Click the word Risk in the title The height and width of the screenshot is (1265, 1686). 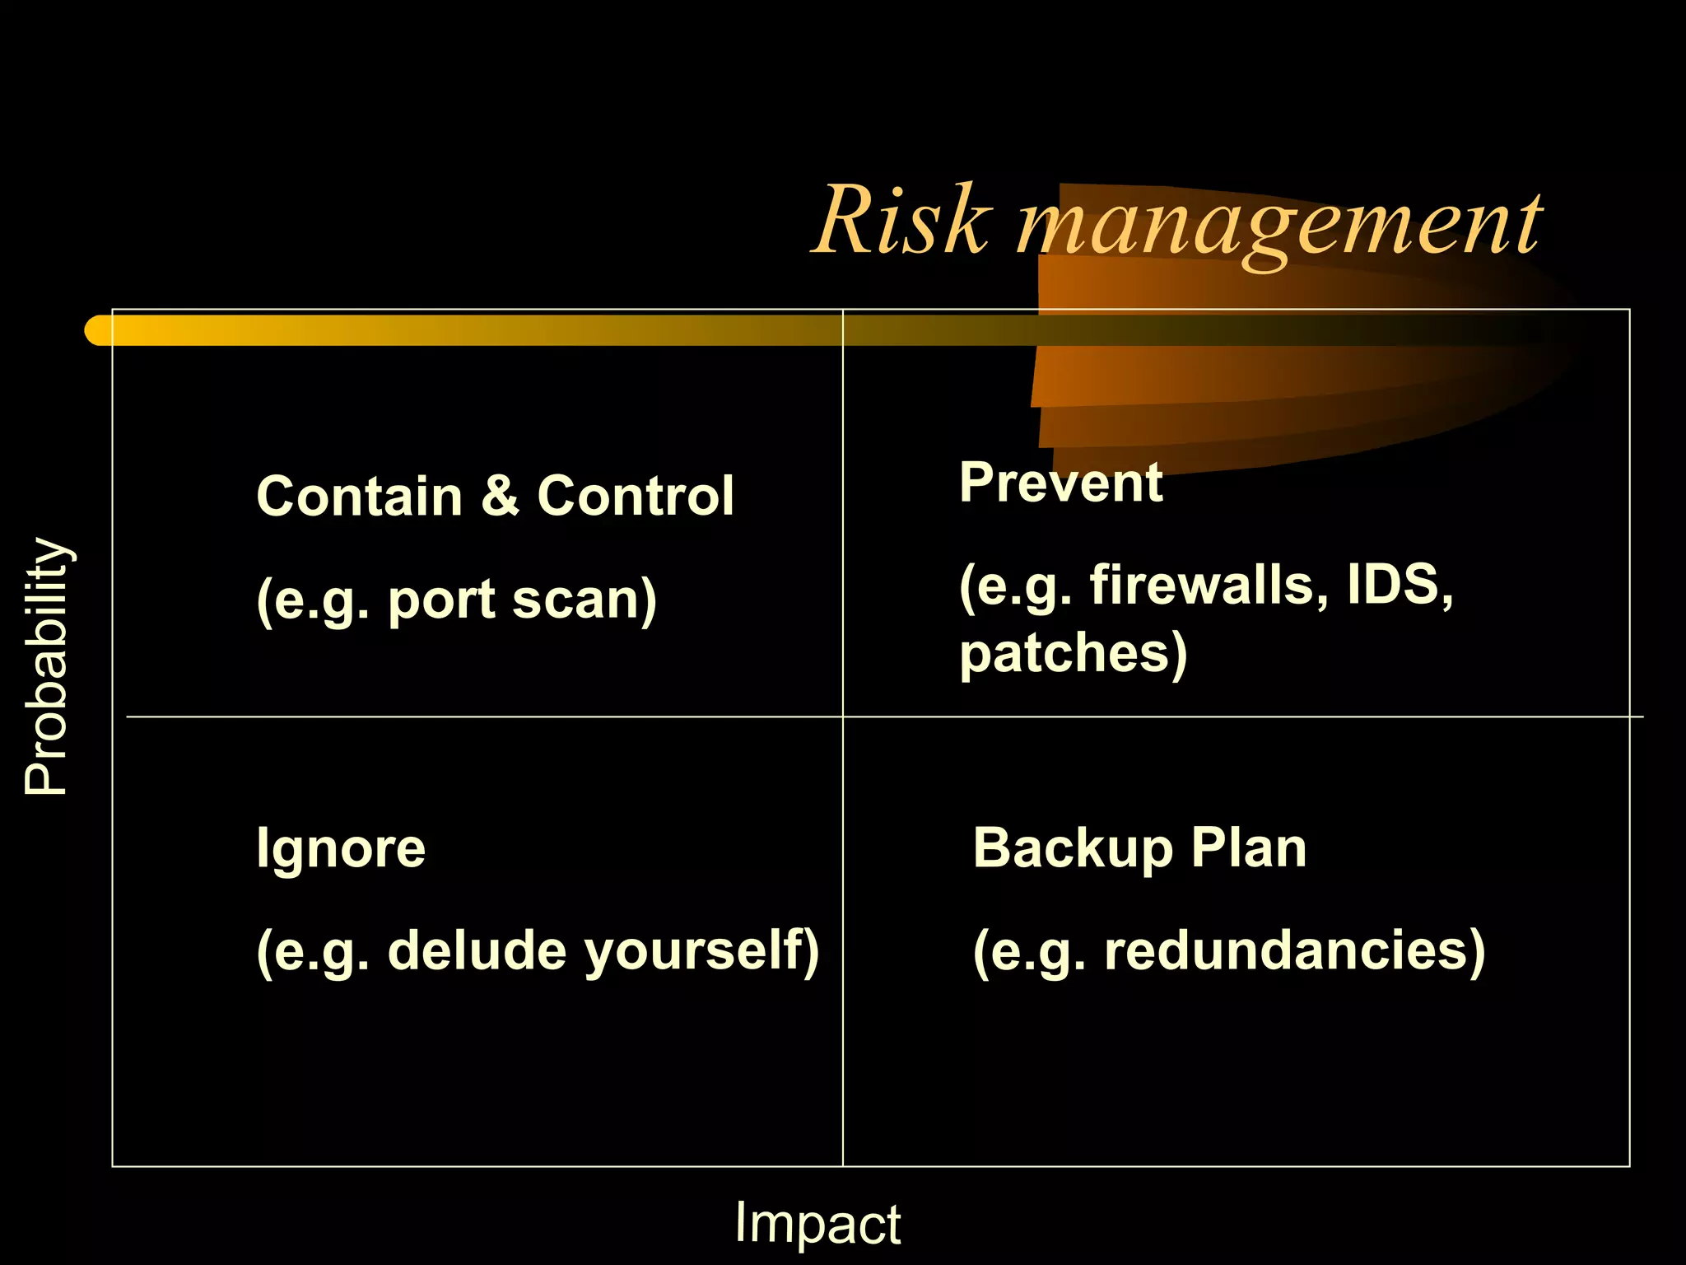coord(902,221)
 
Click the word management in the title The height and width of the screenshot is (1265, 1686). coord(1279,224)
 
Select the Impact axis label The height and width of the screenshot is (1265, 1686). coord(817,1222)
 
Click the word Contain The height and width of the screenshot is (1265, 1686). coord(360,497)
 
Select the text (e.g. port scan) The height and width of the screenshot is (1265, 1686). coord(457,600)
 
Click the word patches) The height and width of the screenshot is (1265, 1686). coord(1074,654)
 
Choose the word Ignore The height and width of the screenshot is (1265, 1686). coord(341,848)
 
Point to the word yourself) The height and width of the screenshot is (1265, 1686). coord(701,952)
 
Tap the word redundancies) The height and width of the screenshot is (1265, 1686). coord(1294,950)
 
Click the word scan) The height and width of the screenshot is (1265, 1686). coord(584,600)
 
